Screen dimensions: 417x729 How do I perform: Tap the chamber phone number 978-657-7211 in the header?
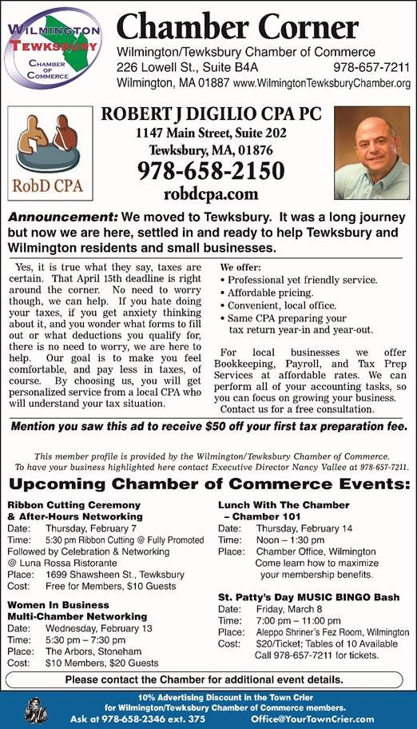coord(371,67)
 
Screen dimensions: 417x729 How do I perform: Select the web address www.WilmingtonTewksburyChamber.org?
coord(322,83)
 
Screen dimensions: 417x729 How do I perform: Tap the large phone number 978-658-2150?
coord(211,170)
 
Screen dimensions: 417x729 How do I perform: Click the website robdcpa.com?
coord(211,193)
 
